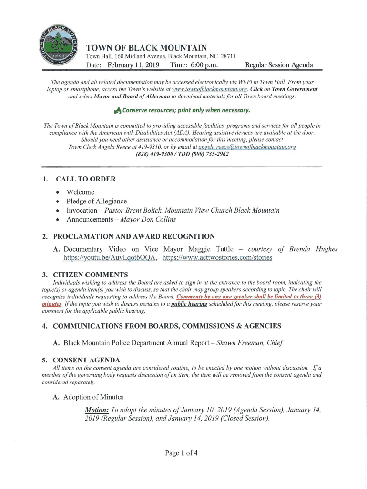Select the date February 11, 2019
tap(133, 65)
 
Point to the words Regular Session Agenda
tap(279, 65)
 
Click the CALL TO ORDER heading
tap(86, 179)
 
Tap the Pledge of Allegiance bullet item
tap(96, 201)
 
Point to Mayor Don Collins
tap(148, 219)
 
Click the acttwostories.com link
tap(217, 258)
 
